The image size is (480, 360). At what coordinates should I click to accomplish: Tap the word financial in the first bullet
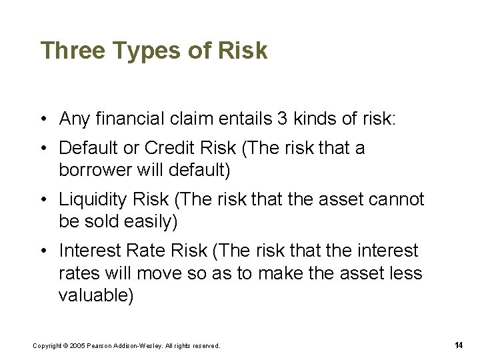[x=127, y=119]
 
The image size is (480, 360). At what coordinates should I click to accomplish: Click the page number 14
[x=459, y=345]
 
